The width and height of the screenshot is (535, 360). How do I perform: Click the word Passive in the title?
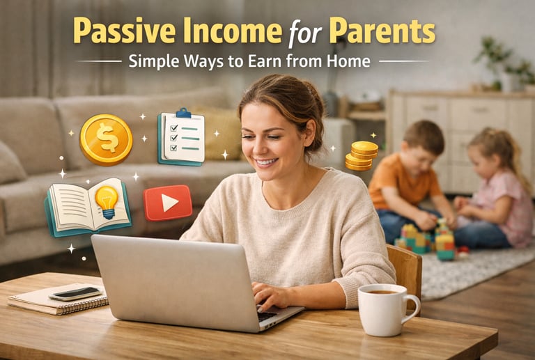(x=119, y=31)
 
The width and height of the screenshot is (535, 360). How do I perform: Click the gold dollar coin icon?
(x=106, y=139)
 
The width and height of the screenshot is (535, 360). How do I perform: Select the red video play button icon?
(x=168, y=203)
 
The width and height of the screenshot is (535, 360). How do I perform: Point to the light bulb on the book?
(x=107, y=198)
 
